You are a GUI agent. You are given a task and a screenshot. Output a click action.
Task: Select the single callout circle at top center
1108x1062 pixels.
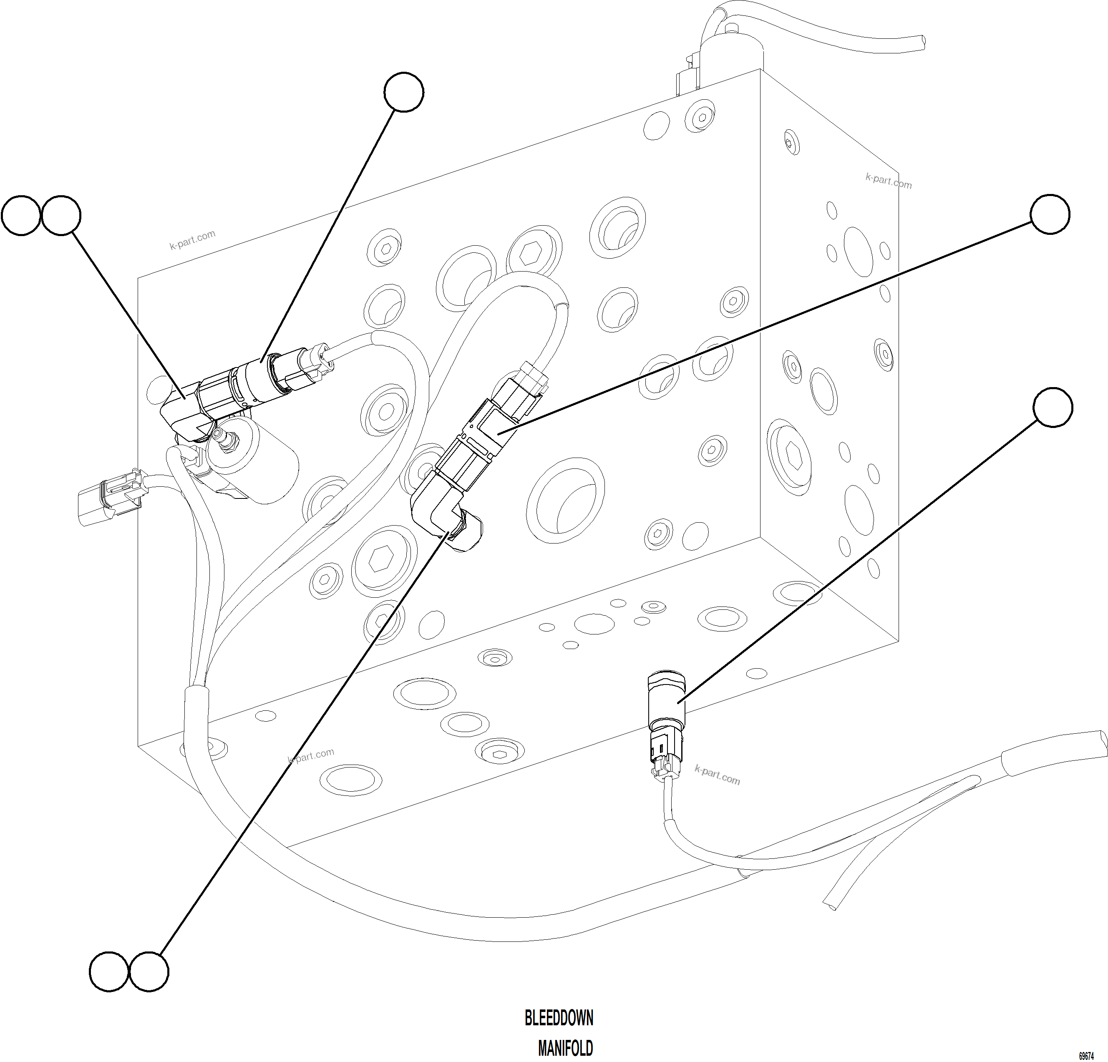404,92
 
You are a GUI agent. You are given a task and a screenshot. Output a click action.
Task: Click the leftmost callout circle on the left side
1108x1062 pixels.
21,215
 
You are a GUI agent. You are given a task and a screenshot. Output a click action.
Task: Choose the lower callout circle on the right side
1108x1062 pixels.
1052,407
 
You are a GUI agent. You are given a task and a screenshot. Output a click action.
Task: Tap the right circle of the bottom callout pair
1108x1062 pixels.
149,971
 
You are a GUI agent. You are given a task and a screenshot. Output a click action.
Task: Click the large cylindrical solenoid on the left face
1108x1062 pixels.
257,459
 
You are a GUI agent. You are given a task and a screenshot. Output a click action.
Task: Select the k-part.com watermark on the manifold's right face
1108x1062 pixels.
888,181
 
